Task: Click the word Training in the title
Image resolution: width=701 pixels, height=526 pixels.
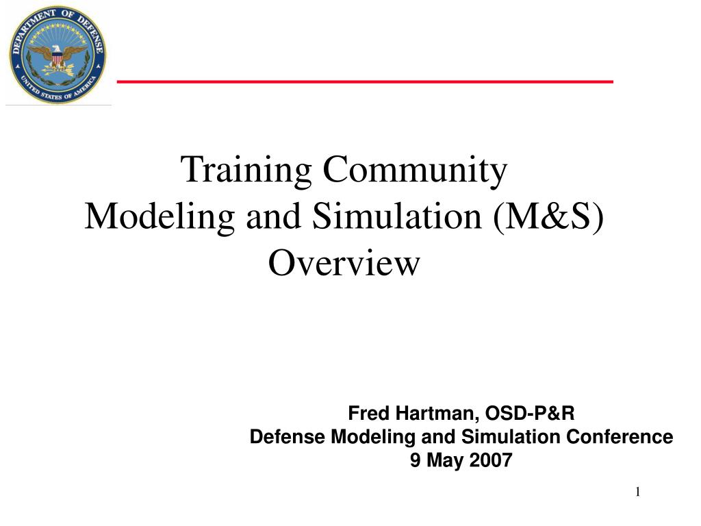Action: click(x=246, y=170)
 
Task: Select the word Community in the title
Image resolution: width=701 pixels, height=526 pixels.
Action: click(x=415, y=170)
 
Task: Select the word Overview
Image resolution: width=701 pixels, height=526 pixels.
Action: click(x=343, y=264)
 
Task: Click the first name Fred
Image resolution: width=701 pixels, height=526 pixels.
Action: click(x=368, y=414)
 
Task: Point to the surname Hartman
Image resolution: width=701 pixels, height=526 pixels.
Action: click(x=435, y=414)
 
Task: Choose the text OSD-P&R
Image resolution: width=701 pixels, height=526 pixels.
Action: click(x=531, y=414)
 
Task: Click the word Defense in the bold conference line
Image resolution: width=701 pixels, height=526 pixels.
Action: click(x=288, y=437)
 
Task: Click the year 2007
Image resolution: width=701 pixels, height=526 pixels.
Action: click(x=491, y=460)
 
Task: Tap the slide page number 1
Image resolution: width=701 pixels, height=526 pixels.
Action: click(x=637, y=492)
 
